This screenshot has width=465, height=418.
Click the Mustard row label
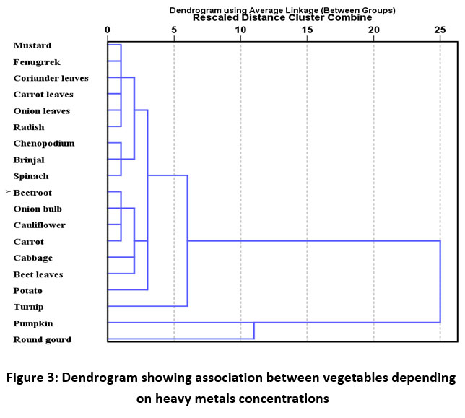point(32,45)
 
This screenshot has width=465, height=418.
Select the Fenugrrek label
point(35,62)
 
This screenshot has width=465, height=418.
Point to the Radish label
point(30,127)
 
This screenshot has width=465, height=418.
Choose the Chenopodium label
point(44,144)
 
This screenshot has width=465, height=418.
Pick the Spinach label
point(32,176)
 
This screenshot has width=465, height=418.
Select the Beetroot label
point(33,193)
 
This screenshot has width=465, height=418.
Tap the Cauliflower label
point(40,225)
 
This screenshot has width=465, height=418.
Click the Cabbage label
point(33,258)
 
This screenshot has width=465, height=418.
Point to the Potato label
point(28,290)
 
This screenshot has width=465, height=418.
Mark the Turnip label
point(29,307)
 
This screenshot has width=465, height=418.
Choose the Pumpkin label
point(33,323)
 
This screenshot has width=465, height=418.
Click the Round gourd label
point(43,339)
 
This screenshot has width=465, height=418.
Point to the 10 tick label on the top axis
point(240,30)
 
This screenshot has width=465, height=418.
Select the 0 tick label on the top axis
point(108,30)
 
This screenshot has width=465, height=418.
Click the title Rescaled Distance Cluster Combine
point(282,18)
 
